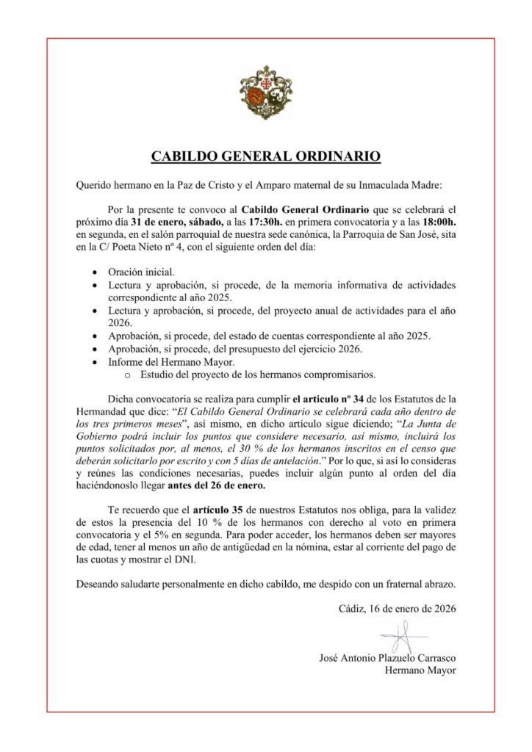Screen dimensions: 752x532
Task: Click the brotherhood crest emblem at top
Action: [x=266, y=93]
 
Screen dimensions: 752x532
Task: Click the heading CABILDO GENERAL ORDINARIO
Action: [x=266, y=156]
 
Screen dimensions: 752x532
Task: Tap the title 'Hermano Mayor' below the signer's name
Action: [x=421, y=670]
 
